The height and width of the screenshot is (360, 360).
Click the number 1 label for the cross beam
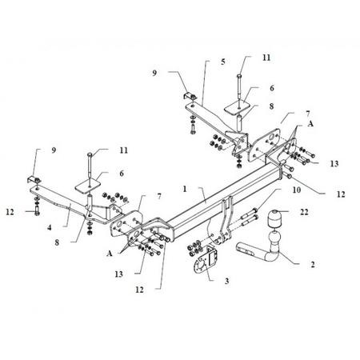pyautogui.click(x=185, y=189)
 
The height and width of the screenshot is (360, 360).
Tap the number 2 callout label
pyautogui.click(x=313, y=264)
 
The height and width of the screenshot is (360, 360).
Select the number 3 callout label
pyautogui.click(x=226, y=281)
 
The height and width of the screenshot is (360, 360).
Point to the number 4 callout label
pyautogui.click(x=50, y=228)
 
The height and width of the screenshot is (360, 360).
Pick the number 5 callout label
pyautogui.click(x=223, y=62)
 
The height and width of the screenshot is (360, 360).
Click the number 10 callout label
pyautogui.click(x=297, y=190)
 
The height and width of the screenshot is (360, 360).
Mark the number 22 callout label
pyautogui.click(x=304, y=212)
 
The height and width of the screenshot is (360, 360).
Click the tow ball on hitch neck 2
pyautogui.click(x=273, y=238)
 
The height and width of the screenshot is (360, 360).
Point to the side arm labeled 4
pyautogui.click(x=70, y=202)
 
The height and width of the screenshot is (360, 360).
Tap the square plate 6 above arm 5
pyautogui.click(x=238, y=108)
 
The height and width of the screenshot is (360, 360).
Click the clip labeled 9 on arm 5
pyautogui.click(x=190, y=95)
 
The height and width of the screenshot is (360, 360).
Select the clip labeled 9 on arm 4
pyautogui.click(x=34, y=179)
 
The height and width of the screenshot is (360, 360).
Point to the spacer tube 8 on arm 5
pyautogui.click(x=239, y=122)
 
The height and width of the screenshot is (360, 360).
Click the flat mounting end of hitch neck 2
pyautogui.click(x=246, y=249)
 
